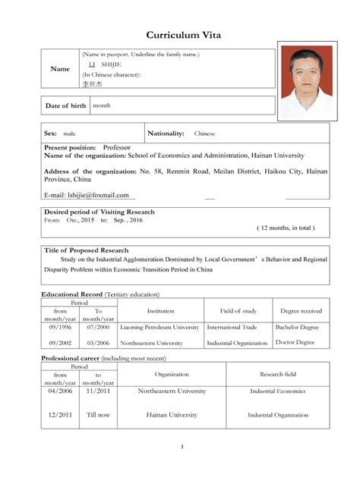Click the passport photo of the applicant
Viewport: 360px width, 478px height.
point(305,82)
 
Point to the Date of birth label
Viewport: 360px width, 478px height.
point(66,105)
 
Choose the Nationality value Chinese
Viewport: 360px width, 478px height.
point(204,134)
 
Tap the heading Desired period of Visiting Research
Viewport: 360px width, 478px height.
point(99,212)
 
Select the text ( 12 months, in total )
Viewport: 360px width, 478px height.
point(286,228)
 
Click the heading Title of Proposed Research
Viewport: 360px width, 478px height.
point(86,250)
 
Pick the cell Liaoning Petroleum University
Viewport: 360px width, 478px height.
point(159,328)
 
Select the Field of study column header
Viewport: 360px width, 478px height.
point(238,311)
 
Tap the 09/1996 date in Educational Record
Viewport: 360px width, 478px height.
point(60,328)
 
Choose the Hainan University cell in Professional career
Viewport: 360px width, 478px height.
point(172,415)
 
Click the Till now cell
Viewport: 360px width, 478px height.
point(98,415)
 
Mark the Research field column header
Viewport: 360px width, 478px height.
point(278,374)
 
